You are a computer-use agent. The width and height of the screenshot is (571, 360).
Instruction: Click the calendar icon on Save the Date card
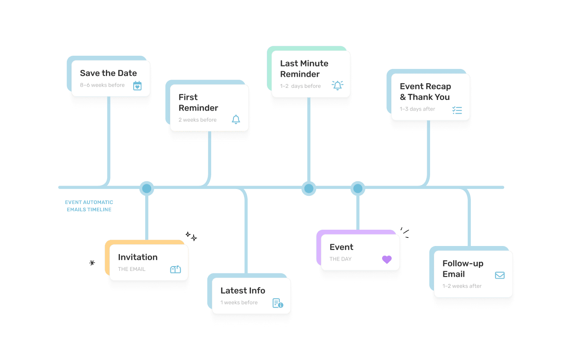tap(137, 86)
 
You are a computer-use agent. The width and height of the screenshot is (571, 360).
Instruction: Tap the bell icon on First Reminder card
tap(236, 120)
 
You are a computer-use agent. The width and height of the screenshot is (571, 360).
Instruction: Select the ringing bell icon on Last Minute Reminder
tap(338, 85)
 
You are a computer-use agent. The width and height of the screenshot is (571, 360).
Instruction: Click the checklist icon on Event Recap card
tap(457, 110)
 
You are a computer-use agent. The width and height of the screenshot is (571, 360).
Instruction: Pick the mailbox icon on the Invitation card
tap(176, 269)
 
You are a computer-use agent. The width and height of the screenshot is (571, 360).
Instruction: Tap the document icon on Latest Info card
tap(278, 303)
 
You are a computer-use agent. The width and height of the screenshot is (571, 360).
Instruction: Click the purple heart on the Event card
tap(387, 259)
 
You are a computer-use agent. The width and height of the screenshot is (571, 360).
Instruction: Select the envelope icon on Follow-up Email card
tap(499, 275)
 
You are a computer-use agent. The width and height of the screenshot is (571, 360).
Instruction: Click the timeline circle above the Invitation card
tap(147, 188)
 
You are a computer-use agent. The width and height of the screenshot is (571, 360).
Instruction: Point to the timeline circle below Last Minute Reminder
tap(308, 188)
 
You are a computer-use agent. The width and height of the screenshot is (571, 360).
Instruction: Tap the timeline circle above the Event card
tap(358, 188)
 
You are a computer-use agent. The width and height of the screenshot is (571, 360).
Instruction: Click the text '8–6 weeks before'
tap(102, 85)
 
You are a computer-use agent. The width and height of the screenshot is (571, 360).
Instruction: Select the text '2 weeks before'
tap(197, 120)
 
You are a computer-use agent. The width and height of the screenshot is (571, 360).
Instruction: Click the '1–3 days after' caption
tap(417, 109)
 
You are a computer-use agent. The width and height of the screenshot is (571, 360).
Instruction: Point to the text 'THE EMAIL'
tap(132, 269)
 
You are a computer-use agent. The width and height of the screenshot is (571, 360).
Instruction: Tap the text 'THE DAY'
tap(341, 259)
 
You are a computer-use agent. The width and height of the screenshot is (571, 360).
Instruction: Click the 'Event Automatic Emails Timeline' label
tap(89, 206)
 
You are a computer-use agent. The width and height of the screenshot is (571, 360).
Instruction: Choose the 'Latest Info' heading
tap(243, 291)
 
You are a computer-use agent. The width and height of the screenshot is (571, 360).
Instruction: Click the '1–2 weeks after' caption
tap(462, 286)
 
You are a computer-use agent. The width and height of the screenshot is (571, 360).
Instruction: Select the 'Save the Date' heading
tap(108, 73)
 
